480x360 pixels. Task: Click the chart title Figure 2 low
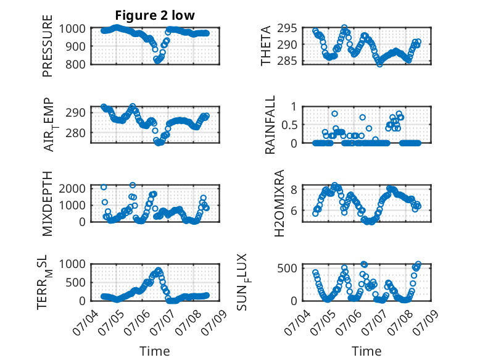tap(155, 15)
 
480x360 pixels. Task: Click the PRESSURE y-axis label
tap(48, 46)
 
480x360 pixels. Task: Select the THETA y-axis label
tap(266, 46)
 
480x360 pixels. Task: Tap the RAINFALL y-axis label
tap(270, 125)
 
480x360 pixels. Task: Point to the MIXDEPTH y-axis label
tap(48, 203)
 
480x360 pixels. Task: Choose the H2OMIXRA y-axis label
tap(279, 203)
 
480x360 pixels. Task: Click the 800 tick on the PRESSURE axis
tap(76, 64)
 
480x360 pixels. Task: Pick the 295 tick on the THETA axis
tap(287, 28)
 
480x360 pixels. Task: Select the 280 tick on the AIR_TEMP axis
tap(76, 133)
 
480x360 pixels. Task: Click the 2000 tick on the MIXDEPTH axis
tap(72, 188)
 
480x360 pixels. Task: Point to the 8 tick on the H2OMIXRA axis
tap(294, 190)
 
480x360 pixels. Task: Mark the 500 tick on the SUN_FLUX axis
tap(287, 269)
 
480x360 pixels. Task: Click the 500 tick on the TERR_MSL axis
tap(76, 282)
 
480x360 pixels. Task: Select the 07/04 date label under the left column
tap(85, 322)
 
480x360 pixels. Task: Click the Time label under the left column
tap(155, 351)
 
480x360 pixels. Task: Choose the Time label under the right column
tap(366, 351)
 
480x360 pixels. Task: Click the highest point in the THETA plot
tap(344, 28)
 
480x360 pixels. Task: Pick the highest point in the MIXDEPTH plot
tap(133, 185)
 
